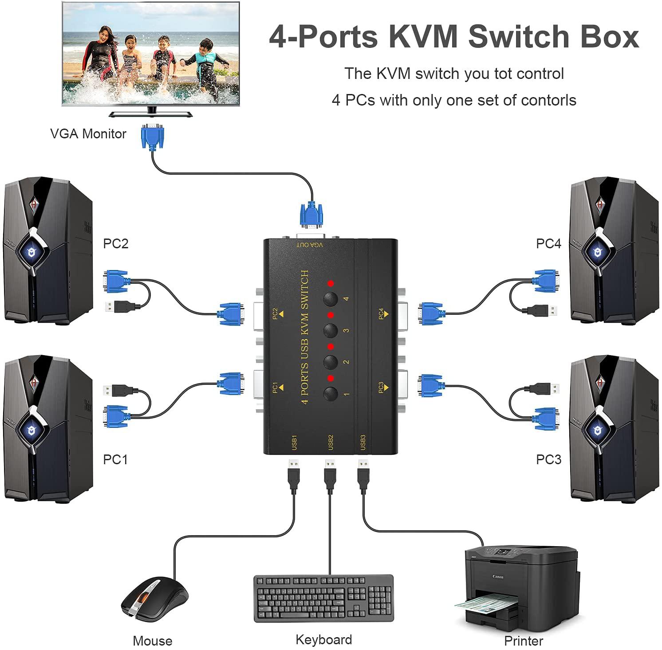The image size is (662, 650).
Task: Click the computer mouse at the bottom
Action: point(154,599)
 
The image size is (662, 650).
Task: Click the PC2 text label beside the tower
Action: point(115,243)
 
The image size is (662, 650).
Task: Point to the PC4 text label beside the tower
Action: point(548,243)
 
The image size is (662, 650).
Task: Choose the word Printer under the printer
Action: point(524,641)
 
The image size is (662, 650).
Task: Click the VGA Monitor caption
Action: point(88,133)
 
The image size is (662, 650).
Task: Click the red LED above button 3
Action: point(330,315)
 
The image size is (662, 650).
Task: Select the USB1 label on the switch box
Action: point(294,442)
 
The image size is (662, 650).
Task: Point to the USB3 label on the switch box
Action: point(363,442)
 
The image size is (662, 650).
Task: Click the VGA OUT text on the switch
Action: point(310,244)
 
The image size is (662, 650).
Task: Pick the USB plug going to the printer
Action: point(363,475)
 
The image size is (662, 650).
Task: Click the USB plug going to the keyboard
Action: point(330,475)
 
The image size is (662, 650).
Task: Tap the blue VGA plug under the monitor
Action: point(152,137)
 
